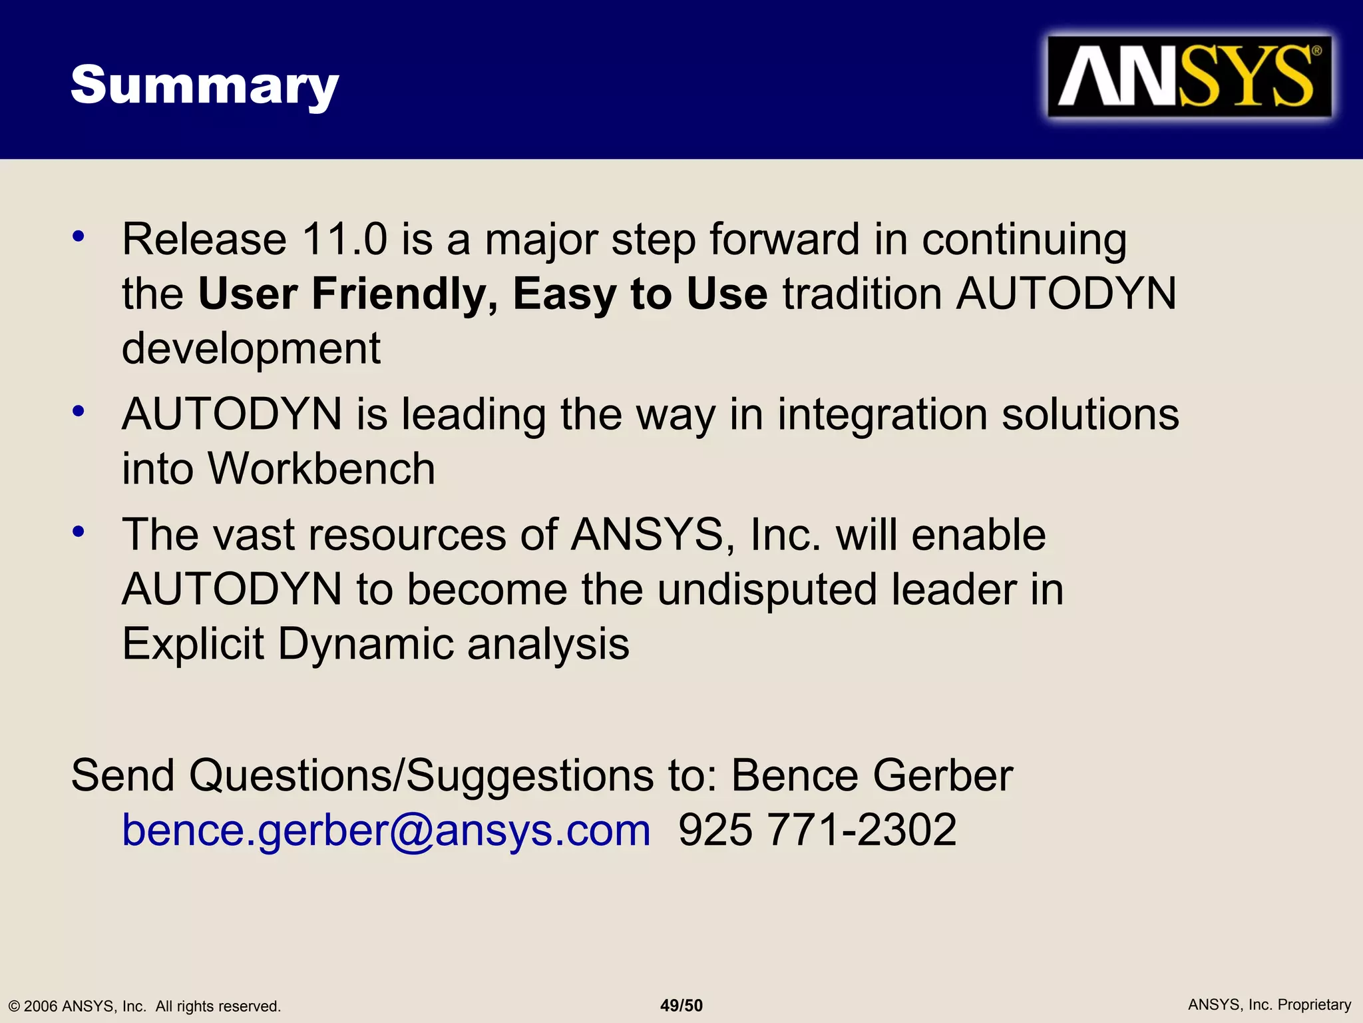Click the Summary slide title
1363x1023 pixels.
[x=204, y=85]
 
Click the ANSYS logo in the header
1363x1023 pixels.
[x=1189, y=77]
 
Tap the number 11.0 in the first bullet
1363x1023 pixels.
[x=344, y=239]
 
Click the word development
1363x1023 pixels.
[x=251, y=348]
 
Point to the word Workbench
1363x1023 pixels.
[x=321, y=468]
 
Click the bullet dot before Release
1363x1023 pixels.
[x=79, y=236]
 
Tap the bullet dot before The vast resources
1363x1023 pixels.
[x=79, y=532]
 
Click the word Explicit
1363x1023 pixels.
[x=193, y=644]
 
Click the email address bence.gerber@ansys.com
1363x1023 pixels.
[x=386, y=831]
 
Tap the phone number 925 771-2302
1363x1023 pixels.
[x=817, y=831]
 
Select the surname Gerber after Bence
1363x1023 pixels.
[x=942, y=776]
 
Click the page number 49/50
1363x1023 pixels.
[x=681, y=1006]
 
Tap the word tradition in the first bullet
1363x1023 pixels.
[x=862, y=294]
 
